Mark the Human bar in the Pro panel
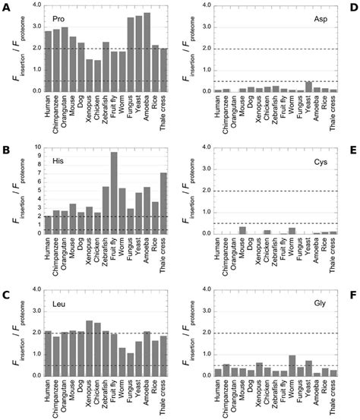coord(48,61)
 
